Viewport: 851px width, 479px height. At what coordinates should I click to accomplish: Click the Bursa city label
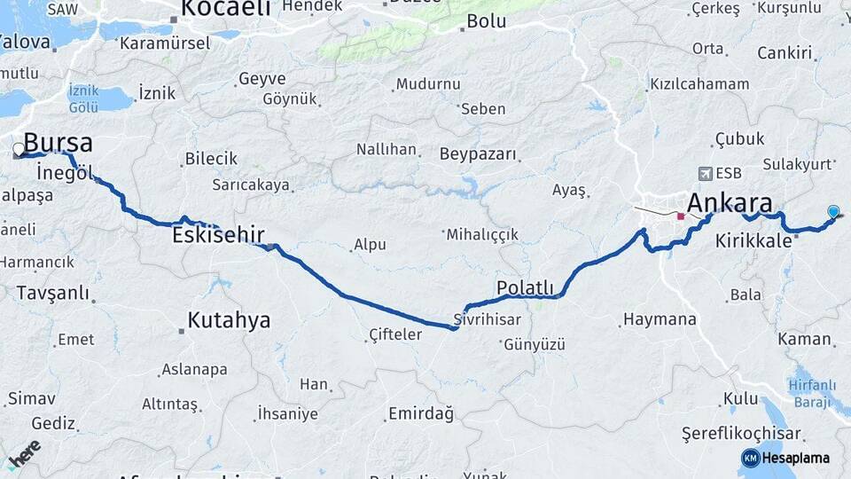coord(58,143)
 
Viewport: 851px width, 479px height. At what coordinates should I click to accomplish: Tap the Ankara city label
coord(729,201)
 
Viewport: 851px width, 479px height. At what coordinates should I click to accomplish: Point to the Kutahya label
coord(229,320)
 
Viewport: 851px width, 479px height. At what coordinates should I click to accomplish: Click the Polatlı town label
coord(525,287)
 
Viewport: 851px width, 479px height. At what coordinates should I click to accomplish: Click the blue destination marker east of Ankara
coord(833,211)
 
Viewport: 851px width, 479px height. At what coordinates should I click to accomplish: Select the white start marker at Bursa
coord(18,149)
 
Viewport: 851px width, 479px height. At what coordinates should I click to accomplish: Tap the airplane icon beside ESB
coord(705,173)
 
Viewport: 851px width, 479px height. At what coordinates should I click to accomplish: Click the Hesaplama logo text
coord(795,458)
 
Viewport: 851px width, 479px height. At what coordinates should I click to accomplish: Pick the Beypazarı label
coord(478,154)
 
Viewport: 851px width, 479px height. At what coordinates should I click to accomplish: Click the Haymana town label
coord(660,319)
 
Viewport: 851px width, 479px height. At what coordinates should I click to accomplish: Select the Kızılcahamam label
coord(699,84)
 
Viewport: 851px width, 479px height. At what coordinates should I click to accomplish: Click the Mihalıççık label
coord(481,234)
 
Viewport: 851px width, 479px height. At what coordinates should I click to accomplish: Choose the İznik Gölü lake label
coord(83,99)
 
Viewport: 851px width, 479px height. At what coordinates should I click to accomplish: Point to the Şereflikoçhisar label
coord(741,434)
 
